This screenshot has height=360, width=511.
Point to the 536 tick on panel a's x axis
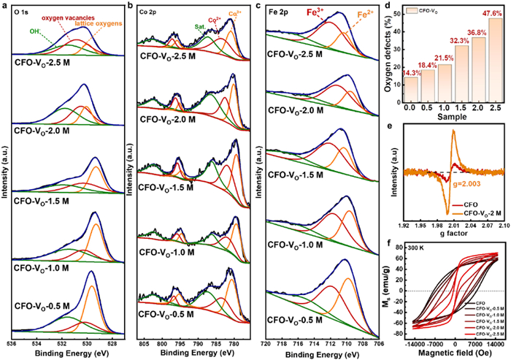click(x=12, y=342)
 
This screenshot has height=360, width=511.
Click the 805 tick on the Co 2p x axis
click(x=144, y=342)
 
